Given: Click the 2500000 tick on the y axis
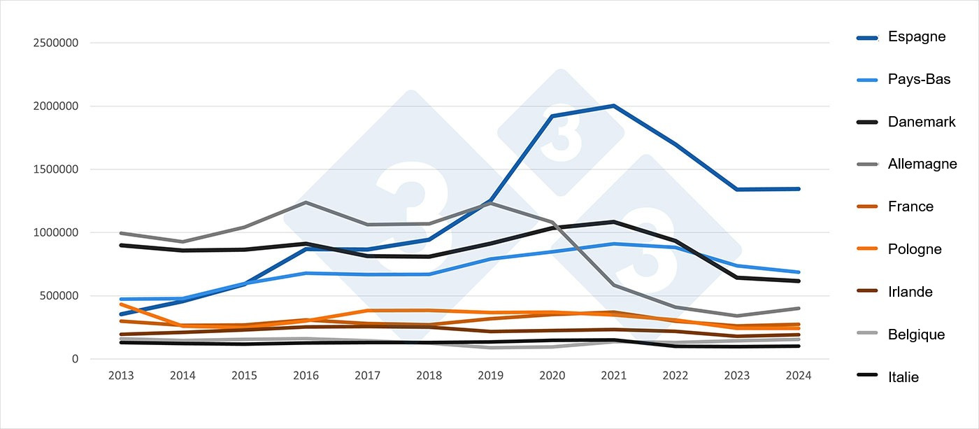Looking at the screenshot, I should [55, 43].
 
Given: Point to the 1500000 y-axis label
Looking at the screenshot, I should [55, 169].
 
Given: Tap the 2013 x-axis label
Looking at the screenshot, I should [121, 376].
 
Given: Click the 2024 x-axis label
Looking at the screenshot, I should [798, 376].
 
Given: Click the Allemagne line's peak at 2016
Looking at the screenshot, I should [306, 202].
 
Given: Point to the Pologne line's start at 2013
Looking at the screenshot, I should [121, 304].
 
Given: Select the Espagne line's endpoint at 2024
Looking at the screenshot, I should [798, 189].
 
